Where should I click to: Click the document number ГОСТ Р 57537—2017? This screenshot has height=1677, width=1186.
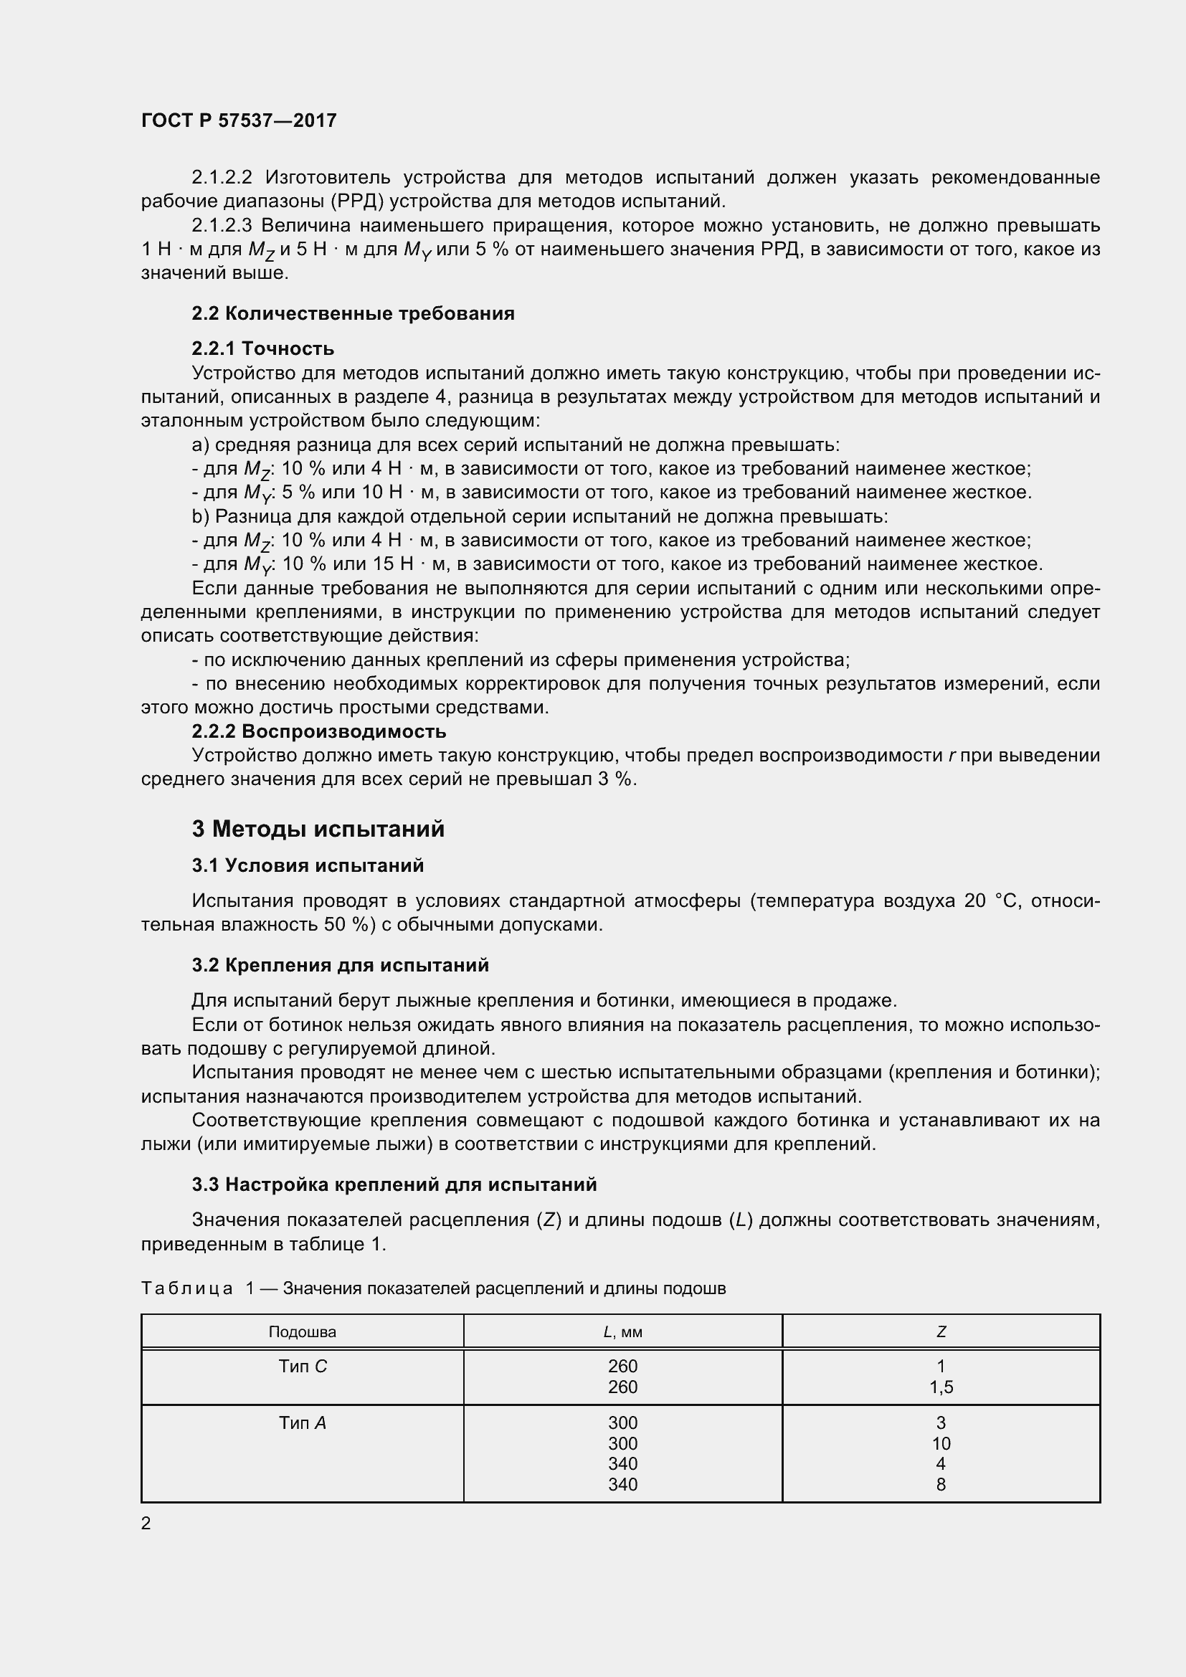click(239, 120)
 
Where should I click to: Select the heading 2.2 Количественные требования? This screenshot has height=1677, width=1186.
click(353, 313)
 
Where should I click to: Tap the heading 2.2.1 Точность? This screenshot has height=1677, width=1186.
click(263, 348)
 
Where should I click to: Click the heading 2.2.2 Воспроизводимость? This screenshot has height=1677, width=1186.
click(319, 731)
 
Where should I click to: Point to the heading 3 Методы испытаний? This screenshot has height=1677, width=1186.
click(318, 829)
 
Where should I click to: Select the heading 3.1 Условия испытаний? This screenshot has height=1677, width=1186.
click(308, 865)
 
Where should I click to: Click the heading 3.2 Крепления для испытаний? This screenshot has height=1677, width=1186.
click(341, 965)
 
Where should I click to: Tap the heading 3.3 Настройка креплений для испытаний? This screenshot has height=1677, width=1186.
click(394, 1184)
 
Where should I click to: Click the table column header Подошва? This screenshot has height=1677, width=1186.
click(303, 1331)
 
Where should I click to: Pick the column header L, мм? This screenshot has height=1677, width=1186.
click(622, 1331)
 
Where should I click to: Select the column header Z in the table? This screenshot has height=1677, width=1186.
click(941, 1331)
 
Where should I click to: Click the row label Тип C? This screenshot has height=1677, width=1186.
click(303, 1366)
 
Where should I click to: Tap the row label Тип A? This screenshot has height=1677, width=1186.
click(303, 1422)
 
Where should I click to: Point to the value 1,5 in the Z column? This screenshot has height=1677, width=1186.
click(941, 1387)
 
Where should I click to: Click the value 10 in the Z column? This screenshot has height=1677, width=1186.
click(941, 1443)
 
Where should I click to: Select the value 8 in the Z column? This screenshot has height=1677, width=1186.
click(941, 1484)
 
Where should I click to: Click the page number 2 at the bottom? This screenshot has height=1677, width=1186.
click(146, 1523)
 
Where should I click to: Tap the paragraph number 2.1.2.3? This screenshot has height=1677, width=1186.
click(221, 226)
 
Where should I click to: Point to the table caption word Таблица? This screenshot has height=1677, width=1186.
click(187, 1288)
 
